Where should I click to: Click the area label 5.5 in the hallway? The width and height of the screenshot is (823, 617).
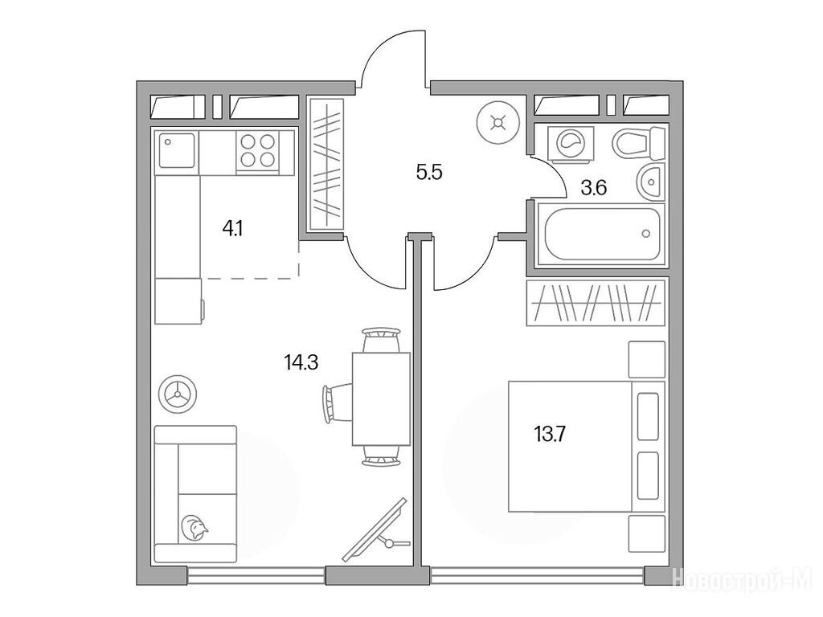coord(429,172)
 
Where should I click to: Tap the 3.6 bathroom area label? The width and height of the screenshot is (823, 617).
coord(594,187)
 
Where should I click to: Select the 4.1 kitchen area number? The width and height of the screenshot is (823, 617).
coord(232,229)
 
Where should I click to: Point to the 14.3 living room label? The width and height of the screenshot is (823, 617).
coord(301,362)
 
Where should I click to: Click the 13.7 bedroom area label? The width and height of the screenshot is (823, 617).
coord(550,435)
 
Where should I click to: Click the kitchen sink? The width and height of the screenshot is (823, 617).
coord(177,150)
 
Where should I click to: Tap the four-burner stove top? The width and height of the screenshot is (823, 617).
coord(258,150)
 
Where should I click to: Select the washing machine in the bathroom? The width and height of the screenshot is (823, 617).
coord(571,143)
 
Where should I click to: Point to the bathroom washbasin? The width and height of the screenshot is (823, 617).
coord(651,182)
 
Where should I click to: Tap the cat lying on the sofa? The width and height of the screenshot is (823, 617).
coord(194,529)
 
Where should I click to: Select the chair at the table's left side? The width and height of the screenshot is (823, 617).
coord(337,402)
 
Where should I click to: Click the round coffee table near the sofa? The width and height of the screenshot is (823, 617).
coord(178,394)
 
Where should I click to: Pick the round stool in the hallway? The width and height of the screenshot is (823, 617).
coord(497,123)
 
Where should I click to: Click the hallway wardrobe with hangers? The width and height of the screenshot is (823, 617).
coord(326,164)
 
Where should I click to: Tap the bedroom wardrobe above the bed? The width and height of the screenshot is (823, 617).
coord(596,303)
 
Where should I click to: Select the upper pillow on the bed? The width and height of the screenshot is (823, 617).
coord(648,417)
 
